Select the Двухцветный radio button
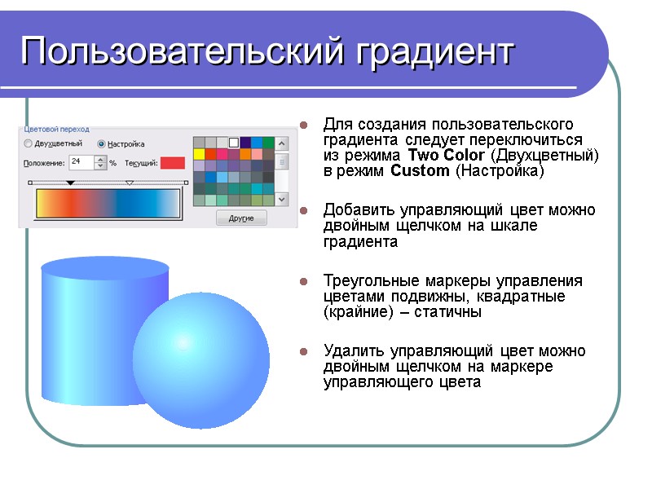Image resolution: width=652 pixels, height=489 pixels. coord(29,143)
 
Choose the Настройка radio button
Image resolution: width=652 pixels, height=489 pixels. coord(101,143)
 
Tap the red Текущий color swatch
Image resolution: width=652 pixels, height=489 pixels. coord(173,163)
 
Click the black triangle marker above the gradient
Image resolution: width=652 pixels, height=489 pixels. coord(70,183)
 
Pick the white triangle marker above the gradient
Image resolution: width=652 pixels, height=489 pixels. coord(130,183)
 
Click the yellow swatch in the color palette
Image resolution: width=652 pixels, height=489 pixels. coord(199,154)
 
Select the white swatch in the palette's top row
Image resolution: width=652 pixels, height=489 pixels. coord(234,143)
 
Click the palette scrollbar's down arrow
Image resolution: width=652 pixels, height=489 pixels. coord(282,199)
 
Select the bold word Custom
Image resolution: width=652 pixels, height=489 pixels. coord(420,171)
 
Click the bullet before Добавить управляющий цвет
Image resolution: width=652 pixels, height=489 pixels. coord(303,211)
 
